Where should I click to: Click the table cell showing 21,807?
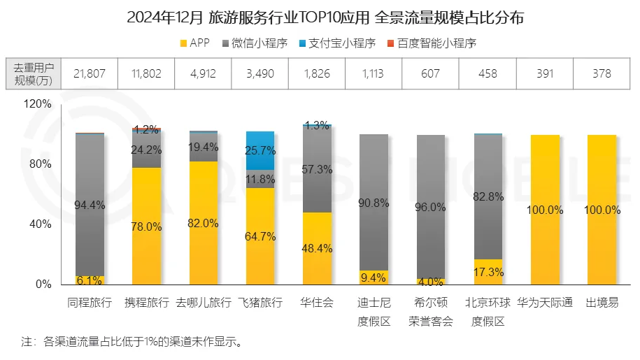coord(90,73)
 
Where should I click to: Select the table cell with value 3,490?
coord(259,73)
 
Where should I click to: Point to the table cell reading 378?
coord(601,73)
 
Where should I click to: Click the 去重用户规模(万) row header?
coord(33,73)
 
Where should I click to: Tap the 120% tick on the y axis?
coord(39,104)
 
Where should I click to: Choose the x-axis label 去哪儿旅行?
coord(203,303)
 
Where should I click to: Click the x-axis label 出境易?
coord(601,303)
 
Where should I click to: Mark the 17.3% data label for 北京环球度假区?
coord(488,271)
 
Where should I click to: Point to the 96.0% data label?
coord(431,207)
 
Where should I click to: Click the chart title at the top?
coord(320,17)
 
